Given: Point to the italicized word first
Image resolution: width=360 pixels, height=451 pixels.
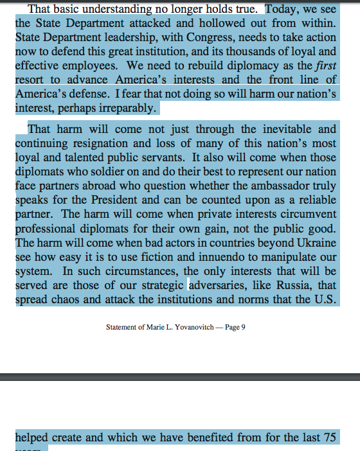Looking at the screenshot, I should [325, 66].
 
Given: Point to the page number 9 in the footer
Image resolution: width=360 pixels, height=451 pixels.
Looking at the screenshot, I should [244, 328].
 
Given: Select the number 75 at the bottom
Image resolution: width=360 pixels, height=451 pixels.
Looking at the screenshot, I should [328, 438].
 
